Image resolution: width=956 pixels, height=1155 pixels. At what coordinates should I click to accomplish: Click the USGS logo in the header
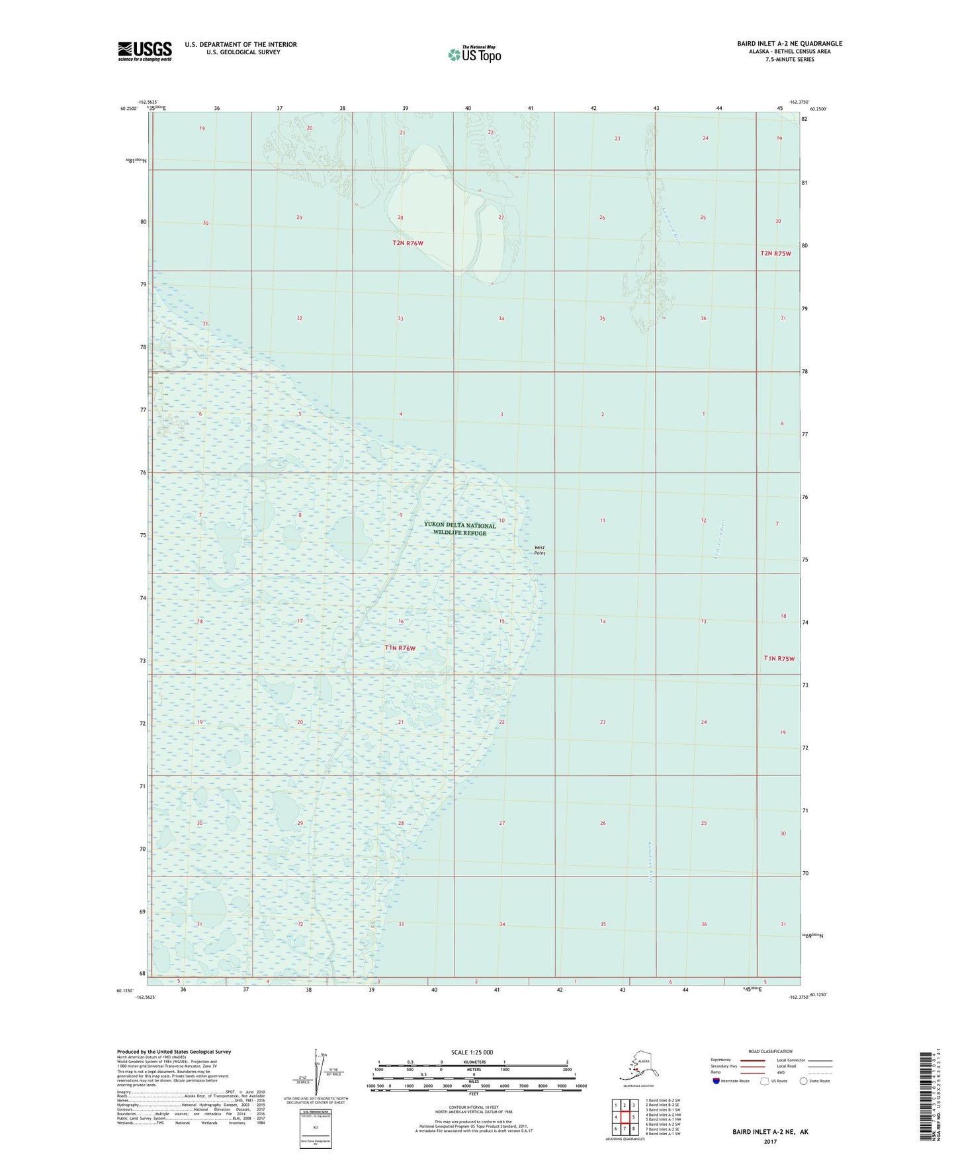tap(144, 51)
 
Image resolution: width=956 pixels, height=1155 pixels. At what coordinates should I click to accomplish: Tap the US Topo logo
tap(474, 54)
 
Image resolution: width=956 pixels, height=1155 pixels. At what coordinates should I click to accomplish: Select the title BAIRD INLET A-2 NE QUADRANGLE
tap(789, 44)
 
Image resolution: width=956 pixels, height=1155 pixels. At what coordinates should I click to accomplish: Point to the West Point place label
tap(540, 550)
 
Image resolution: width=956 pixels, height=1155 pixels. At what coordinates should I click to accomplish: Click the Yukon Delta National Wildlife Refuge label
tap(460, 529)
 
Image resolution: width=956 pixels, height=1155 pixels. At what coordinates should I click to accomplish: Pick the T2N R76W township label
tap(408, 243)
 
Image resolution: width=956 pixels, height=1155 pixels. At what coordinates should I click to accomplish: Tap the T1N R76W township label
tap(400, 648)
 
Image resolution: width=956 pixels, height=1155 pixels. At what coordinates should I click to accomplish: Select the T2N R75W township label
tap(775, 253)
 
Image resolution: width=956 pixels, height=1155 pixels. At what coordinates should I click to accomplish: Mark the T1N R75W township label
tap(779, 658)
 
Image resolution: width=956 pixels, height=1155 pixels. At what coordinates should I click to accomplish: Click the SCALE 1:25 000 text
tap(472, 1052)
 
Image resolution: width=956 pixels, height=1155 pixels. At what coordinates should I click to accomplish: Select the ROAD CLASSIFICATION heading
tap(770, 1051)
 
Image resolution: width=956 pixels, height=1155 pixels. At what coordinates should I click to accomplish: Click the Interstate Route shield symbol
tap(716, 1081)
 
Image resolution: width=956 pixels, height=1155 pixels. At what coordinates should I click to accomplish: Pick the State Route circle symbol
tap(803, 1081)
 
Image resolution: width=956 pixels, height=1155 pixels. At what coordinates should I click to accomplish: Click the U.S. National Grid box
tap(315, 1128)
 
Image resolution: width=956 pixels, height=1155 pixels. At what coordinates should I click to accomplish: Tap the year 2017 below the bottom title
tap(770, 1141)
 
